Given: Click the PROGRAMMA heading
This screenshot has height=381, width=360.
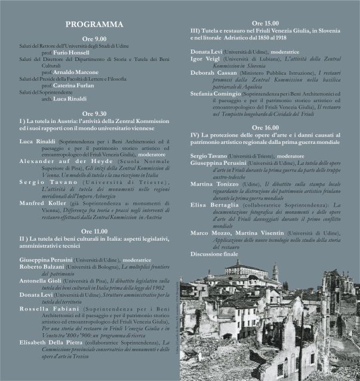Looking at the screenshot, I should coord(94,24).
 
